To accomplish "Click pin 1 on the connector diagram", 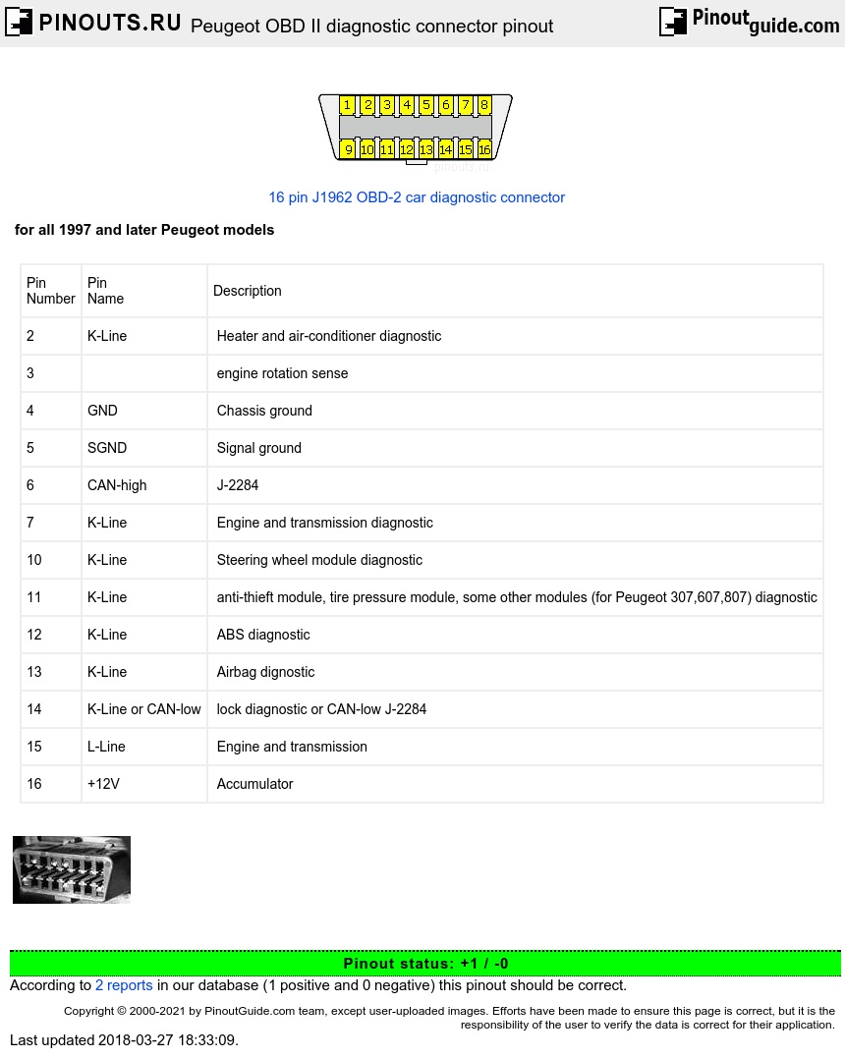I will pyautogui.click(x=348, y=105).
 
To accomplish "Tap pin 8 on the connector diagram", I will pyautogui.click(x=484, y=105).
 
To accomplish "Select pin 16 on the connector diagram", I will pyautogui.click(x=484, y=149).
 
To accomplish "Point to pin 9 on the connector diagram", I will pyautogui.click(x=348, y=149).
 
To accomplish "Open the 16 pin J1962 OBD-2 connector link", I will pyautogui.click(x=417, y=197).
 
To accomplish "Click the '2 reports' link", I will pyautogui.click(x=124, y=985).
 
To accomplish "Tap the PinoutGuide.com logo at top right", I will pyautogui.click(x=749, y=22).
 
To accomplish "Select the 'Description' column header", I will pyautogui.click(x=248, y=291).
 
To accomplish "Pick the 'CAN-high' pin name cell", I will pyautogui.click(x=117, y=485).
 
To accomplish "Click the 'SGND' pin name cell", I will pyautogui.click(x=107, y=448).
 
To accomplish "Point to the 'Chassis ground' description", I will pyautogui.click(x=264, y=411).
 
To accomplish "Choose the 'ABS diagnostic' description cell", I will pyautogui.click(x=263, y=635).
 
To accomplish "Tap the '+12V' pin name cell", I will pyautogui.click(x=103, y=784).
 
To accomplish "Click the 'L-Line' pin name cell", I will pyautogui.click(x=106, y=747).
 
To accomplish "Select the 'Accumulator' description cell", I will pyautogui.click(x=255, y=784).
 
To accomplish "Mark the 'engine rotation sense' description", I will pyautogui.click(x=283, y=373).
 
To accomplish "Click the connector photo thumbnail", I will pyautogui.click(x=72, y=869).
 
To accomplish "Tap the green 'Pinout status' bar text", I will pyautogui.click(x=425, y=964).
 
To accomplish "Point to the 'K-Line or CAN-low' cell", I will pyautogui.click(x=144, y=709).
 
